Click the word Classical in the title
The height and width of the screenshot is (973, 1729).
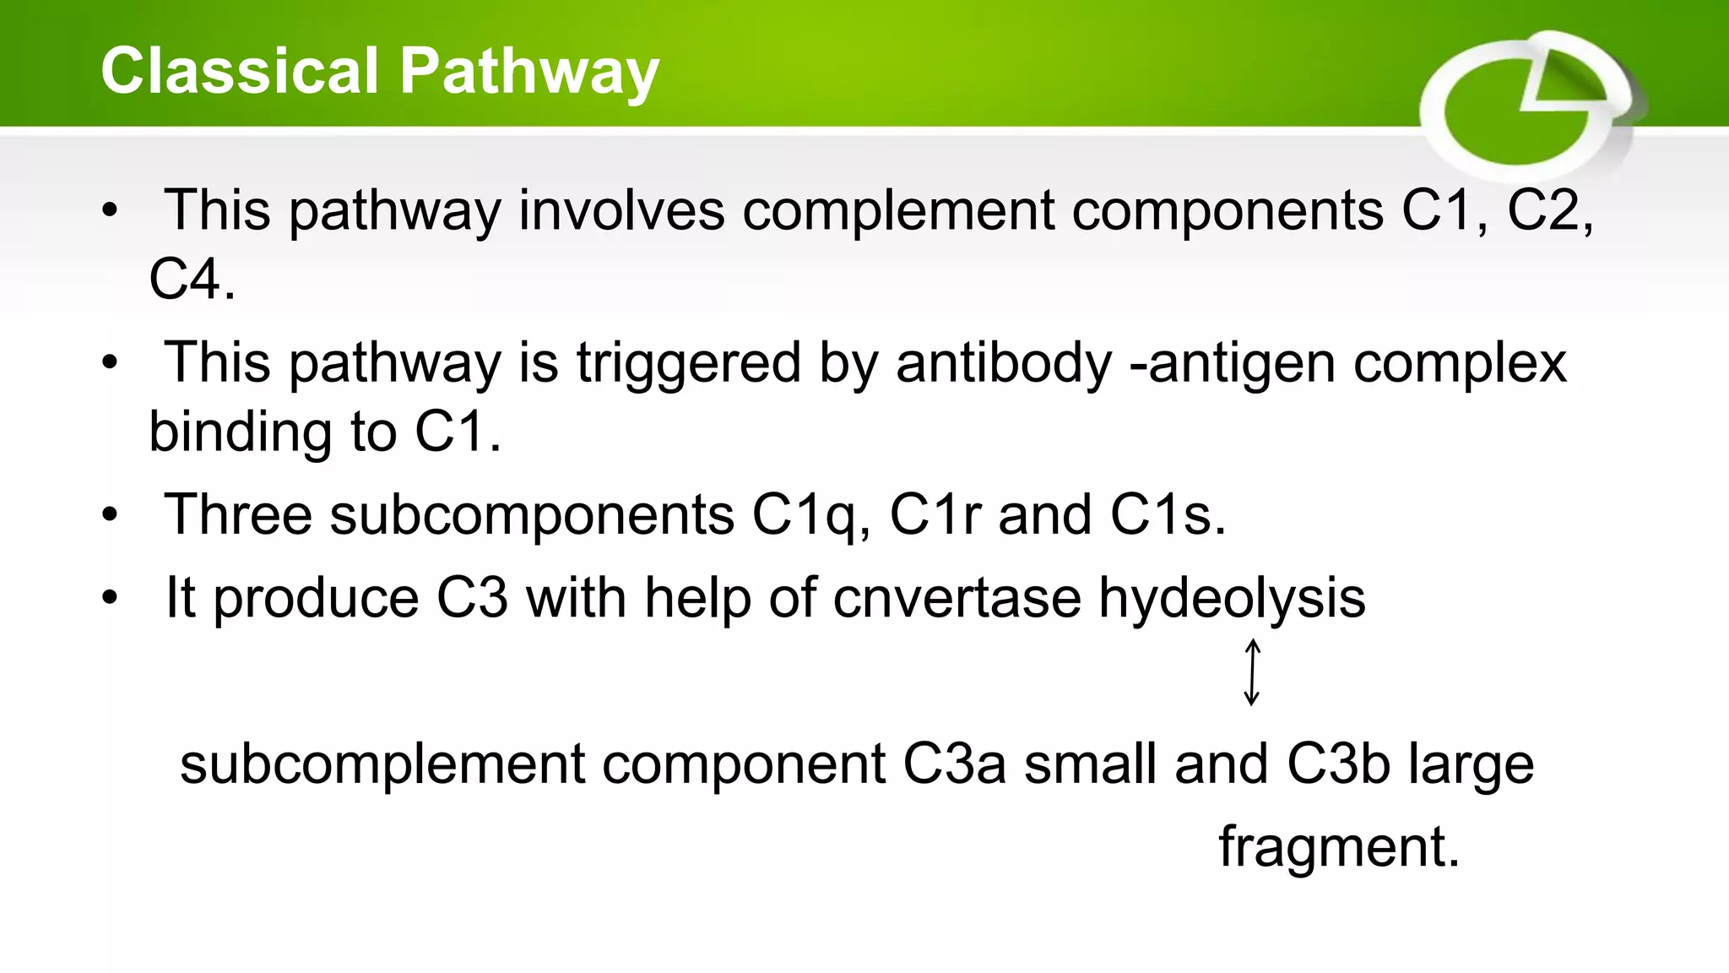(x=240, y=71)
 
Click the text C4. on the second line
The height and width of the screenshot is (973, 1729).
(x=192, y=280)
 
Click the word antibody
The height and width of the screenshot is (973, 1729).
(x=1003, y=364)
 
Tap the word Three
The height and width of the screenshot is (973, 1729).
(x=237, y=514)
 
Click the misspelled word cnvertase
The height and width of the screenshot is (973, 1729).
(x=957, y=598)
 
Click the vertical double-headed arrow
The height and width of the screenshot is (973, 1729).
(x=1252, y=672)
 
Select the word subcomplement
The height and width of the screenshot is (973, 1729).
(x=382, y=765)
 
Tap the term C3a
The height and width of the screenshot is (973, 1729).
(x=954, y=764)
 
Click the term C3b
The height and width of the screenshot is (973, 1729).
(x=1338, y=764)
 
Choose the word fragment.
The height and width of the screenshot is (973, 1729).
(x=1338, y=847)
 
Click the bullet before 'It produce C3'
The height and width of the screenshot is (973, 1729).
(x=110, y=598)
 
